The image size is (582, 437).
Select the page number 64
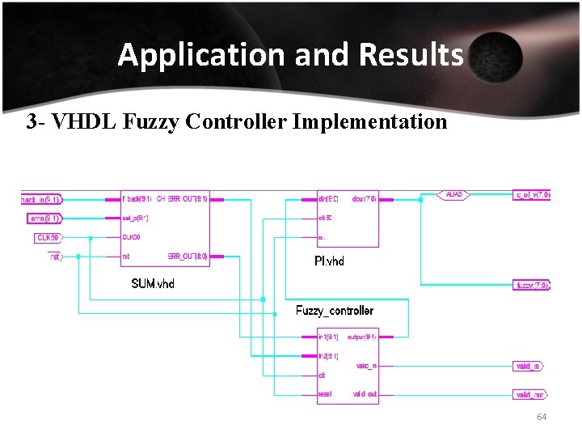tap(542, 417)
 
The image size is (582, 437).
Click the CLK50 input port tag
tap(48, 237)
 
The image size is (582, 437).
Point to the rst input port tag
tap(54, 257)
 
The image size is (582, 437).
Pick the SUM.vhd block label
tap(153, 283)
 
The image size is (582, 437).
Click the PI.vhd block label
tap(329, 261)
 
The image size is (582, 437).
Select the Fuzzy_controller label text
tap(335, 311)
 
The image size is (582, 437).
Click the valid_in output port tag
tap(529, 367)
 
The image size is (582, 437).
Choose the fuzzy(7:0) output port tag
tap(533, 285)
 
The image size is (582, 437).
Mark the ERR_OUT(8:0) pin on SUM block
tap(188, 257)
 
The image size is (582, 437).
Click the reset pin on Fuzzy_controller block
tap(325, 394)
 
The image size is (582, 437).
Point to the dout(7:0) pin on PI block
tap(363, 198)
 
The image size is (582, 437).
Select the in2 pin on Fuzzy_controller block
tap(328, 356)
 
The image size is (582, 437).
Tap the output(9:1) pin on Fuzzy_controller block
tap(361, 337)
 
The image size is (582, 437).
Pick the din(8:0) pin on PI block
tap(328, 198)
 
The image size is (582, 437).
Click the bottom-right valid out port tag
tap(529, 395)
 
